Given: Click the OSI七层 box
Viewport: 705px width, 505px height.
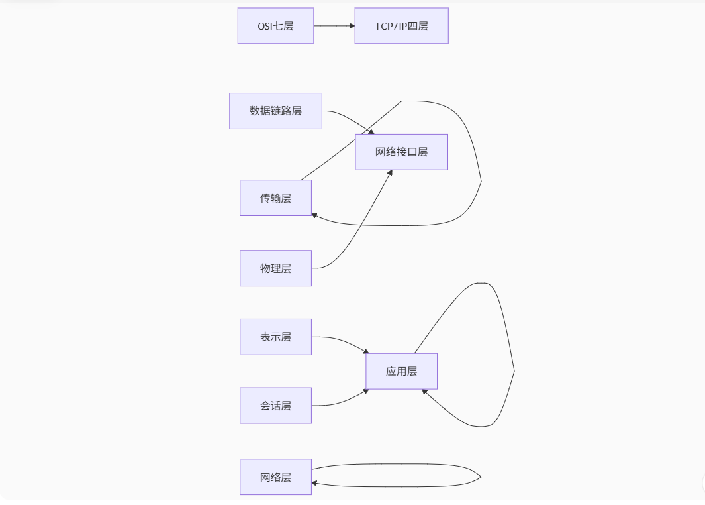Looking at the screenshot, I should pos(275,26).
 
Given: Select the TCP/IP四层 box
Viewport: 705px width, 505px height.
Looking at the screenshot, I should pos(401,26).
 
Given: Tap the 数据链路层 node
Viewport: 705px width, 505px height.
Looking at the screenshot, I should pos(275,111).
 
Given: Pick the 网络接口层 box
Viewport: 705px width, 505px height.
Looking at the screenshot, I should pos(401,152).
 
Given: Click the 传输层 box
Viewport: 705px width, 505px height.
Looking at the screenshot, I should pos(275,197).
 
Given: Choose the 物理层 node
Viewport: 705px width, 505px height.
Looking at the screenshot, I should pos(275,268).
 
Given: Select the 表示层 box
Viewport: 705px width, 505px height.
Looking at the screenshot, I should pos(275,337).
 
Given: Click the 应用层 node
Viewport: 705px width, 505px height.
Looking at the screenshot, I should pos(401,371).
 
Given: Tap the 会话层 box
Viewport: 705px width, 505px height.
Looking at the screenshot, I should pos(275,406).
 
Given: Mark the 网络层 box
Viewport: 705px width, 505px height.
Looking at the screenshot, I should pos(275,477).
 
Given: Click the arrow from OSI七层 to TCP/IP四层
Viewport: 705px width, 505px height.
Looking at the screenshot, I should pos(334,26).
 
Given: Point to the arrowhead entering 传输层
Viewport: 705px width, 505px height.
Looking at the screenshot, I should pos(315,215).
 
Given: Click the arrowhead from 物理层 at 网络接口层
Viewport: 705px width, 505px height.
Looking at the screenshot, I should pos(390,173).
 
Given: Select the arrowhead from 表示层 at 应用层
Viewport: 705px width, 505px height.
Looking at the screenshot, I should pos(365,351).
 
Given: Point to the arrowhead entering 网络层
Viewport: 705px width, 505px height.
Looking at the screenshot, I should pos(315,484).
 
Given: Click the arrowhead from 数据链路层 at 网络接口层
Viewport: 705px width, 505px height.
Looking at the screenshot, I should pos(371,131).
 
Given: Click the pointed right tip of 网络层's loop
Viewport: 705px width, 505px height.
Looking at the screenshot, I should pos(481,477).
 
